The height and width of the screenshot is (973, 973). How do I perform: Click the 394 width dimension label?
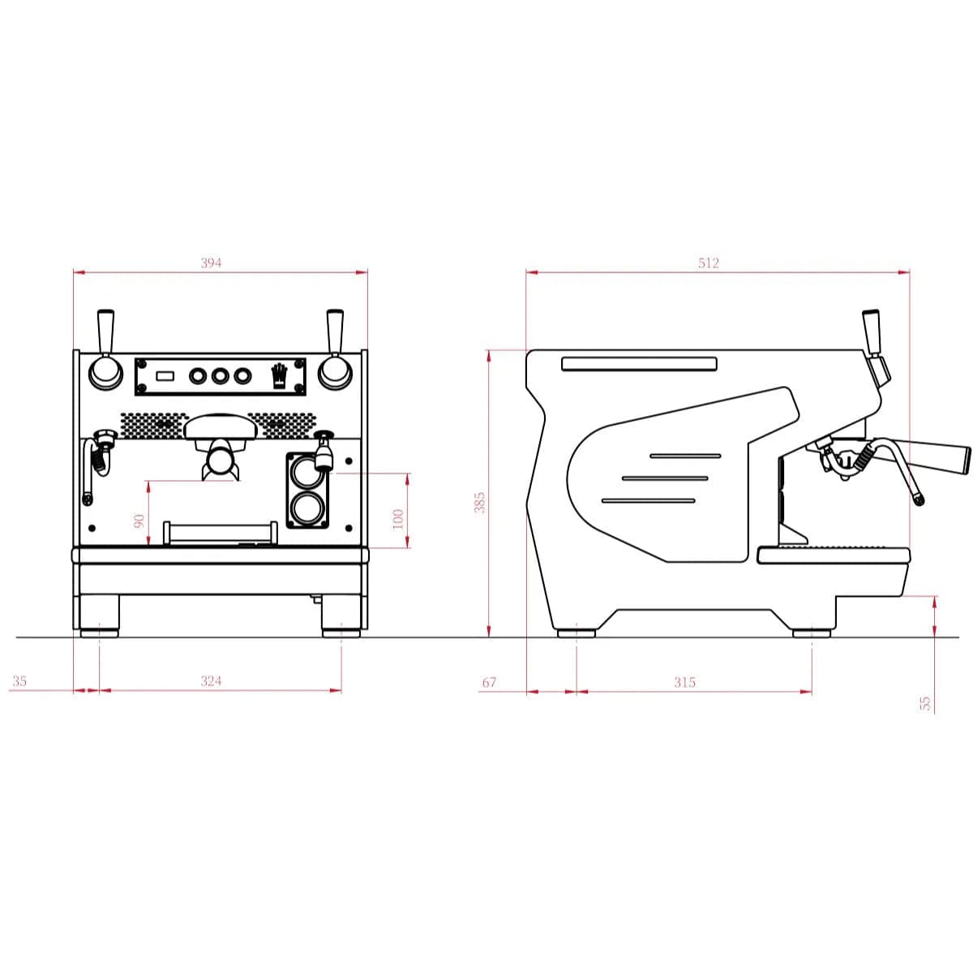coord(211,263)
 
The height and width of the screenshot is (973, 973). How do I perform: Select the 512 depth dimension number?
coord(708,263)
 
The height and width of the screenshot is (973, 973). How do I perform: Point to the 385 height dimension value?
coord(479,503)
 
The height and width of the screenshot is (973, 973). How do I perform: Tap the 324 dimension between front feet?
coord(211,681)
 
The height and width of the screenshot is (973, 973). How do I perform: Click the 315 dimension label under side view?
coord(684,682)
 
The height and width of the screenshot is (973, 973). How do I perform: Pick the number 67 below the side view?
coord(489,682)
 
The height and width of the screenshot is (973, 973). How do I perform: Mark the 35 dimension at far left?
coord(19,681)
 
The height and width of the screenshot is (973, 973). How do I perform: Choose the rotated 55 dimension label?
coord(926,702)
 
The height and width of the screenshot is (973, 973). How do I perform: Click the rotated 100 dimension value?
coord(397,520)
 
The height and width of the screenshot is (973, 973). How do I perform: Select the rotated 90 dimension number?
coord(139,520)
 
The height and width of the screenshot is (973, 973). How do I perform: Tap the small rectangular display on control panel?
coord(166,375)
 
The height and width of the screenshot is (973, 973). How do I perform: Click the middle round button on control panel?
coord(220,375)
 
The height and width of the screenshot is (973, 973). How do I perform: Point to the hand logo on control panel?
coord(279,376)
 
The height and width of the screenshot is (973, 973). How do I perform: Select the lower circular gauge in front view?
coord(306,508)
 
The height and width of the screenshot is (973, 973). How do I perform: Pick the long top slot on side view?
coord(639,363)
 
